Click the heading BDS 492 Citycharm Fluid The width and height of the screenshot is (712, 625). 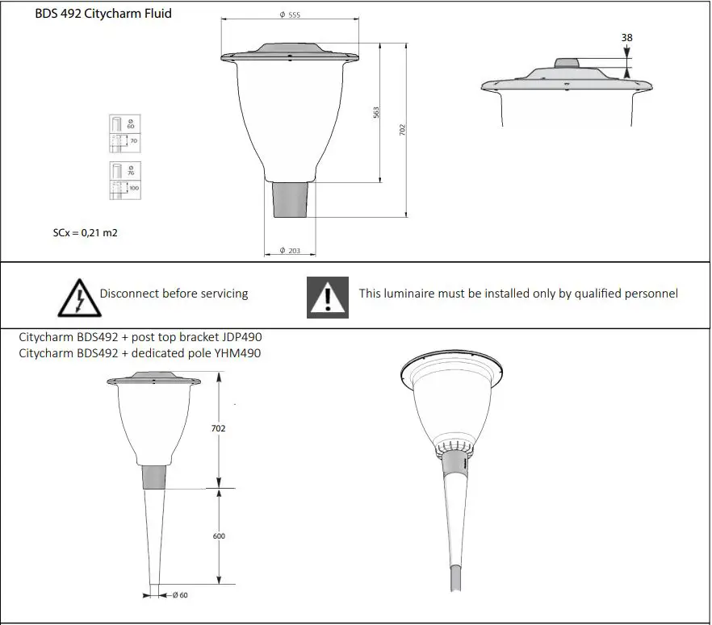click(x=103, y=14)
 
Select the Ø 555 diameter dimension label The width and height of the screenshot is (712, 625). click(x=290, y=15)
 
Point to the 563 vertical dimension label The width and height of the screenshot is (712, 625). click(x=376, y=113)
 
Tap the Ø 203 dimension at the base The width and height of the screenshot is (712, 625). click(x=290, y=252)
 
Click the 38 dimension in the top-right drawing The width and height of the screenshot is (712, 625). click(x=627, y=37)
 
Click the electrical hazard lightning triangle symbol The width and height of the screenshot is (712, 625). click(x=77, y=296)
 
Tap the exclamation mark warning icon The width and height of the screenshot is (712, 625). click(x=328, y=297)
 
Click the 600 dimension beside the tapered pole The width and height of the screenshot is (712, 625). click(x=219, y=536)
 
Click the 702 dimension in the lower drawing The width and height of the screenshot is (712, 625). click(x=218, y=429)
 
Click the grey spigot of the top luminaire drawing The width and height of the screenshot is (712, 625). click(x=291, y=198)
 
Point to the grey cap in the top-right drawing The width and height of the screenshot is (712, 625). click(x=567, y=64)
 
